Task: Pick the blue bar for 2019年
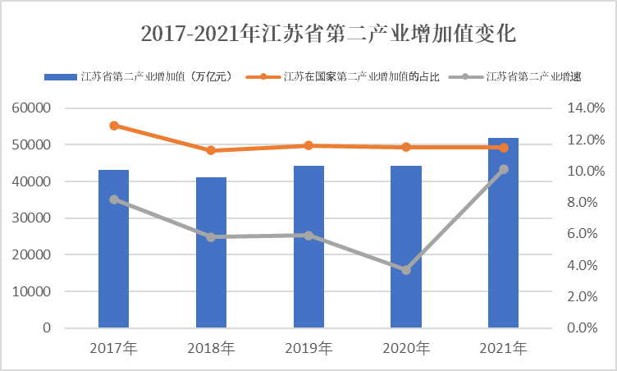pyautogui.click(x=308, y=247)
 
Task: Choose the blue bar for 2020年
pyautogui.click(x=406, y=247)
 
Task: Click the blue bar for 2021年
pyautogui.click(x=503, y=233)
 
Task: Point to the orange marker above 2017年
pyautogui.click(x=114, y=126)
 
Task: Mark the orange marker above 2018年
pyautogui.click(x=211, y=150)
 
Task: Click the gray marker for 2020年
pyautogui.click(x=406, y=270)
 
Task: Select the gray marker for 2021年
pyautogui.click(x=504, y=169)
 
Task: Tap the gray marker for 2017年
pyautogui.click(x=114, y=199)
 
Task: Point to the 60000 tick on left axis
pyautogui.click(x=33, y=108)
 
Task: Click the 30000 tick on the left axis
pyautogui.click(x=33, y=218)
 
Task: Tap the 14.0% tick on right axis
pyautogui.click(x=586, y=108)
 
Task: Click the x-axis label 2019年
pyautogui.click(x=308, y=348)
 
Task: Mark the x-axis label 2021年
pyautogui.click(x=504, y=348)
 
